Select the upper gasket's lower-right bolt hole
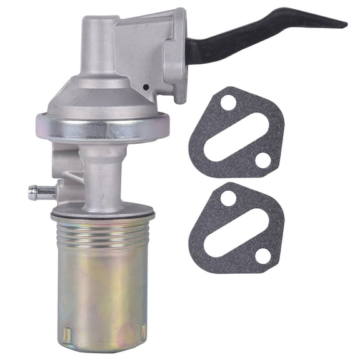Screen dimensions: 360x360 [x=263, y=160]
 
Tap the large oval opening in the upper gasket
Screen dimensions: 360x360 [x=244, y=131]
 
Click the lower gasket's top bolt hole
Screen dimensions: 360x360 [x=227, y=198]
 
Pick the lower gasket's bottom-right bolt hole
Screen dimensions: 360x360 [x=263, y=256]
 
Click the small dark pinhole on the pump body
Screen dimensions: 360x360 [x=144, y=88]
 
